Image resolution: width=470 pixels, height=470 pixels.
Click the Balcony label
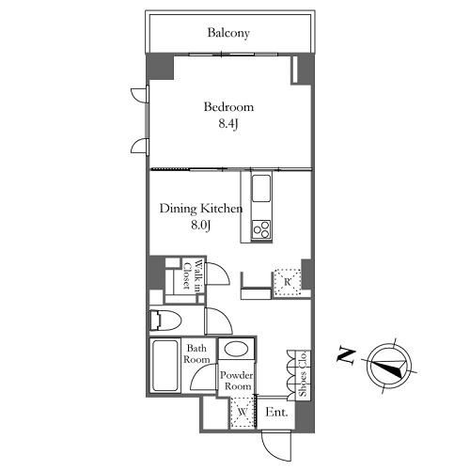pyautogui.click(x=228, y=33)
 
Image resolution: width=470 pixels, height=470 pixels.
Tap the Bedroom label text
pyautogui.click(x=228, y=107)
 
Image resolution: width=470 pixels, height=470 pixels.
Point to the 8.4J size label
pyautogui.click(x=228, y=124)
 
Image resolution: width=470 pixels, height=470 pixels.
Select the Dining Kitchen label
pyautogui.click(x=201, y=209)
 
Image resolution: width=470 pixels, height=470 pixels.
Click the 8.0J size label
pyautogui.click(x=200, y=225)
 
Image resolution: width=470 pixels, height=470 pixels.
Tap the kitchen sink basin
pyautogui.click(x=261, y=188)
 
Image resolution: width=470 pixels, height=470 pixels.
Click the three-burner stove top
pyautogui.click(x=261, y=229)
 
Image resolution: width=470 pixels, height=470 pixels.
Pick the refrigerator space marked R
pyautogui.click(x=288, y=282)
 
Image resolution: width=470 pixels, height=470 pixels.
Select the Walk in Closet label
pyautogui.click(x=193, y=274)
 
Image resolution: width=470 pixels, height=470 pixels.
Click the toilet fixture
pyautogui.click(x=165, y=321)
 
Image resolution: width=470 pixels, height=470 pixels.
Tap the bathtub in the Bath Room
pyautogui.click(x=165, y=365)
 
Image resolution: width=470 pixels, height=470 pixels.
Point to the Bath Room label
pyautogui.click(x=196, y=353)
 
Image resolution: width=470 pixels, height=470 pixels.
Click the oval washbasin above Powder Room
pyautogui.click(x=237, y=349)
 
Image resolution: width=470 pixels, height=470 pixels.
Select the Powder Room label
pyautogui.click(x=237, y=381)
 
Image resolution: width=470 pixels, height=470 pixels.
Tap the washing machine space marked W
pyautogui.click(x=242, y=412)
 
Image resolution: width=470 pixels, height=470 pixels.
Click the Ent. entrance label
pyautogui.click(x=276, y=412)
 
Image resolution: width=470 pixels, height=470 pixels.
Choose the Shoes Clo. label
pyautogui.click(x=303, y=374)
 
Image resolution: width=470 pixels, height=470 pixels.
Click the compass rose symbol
pyautogui.click(x=389, y=366)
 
